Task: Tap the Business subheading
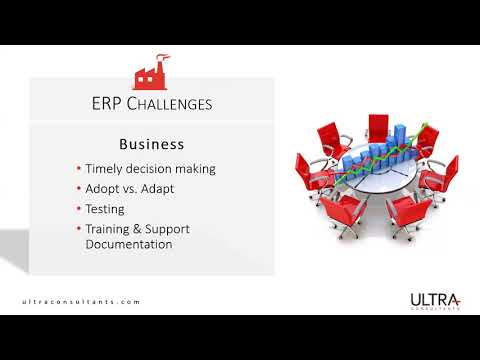[151, 144]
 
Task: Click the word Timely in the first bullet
[106, 168]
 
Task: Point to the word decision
[155, 168]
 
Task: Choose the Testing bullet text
[105, 209]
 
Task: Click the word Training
[110, 230]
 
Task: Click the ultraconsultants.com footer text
[81, 301]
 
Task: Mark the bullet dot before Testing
[78, 210]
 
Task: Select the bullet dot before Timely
[78, 169]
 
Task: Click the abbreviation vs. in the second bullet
[137, 189]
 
